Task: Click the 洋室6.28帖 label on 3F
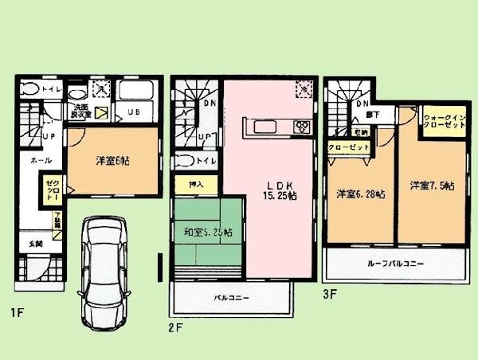click(x=360, y=194)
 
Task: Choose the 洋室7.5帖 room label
click(x=432, y=186)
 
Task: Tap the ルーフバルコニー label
click(x=395, y=263)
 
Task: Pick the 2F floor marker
click(x=177, y=327)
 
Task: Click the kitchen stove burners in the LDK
click(x=303, y=127)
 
